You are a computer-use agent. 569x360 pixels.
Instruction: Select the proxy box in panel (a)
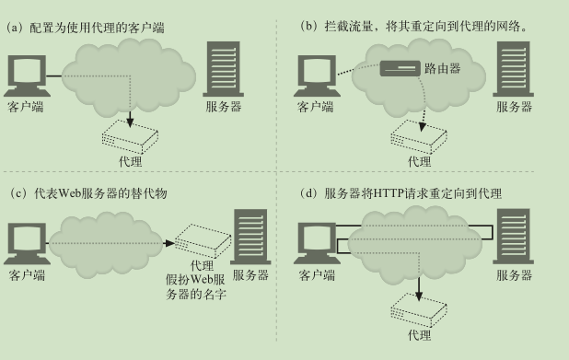pyautogui.click(x=130, y=137)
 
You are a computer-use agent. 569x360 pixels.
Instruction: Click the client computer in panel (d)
pyautogui.click(x=315, y=242)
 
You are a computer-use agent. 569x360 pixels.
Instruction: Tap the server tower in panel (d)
pyautogui.click(x=513, y=237)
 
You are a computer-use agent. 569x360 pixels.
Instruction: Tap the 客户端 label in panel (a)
pyautogui.click(x=25, y=107)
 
